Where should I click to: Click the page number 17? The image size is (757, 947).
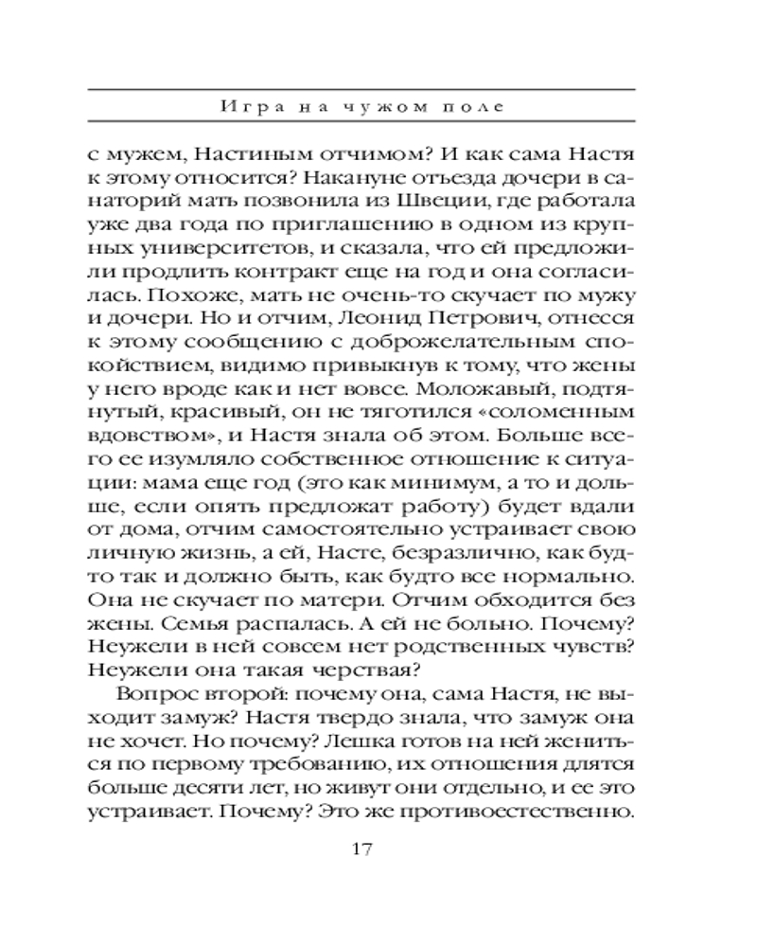coord(364,848)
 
